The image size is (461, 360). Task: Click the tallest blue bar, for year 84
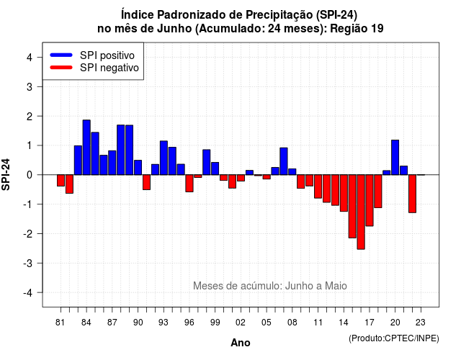[x=86, y=147]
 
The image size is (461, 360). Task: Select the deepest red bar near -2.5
[x=361, y=212]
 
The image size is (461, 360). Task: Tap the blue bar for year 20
[x=395, y=158]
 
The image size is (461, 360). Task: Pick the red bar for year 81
[x=61, y=181]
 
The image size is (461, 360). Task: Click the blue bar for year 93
[x=164, y=158]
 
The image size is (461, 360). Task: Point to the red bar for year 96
[x=189, y=183]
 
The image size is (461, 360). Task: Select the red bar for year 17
[x=370, y=200]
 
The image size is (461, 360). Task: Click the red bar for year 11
[x=318, y=186]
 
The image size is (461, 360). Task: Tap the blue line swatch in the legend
[x=61, y=55]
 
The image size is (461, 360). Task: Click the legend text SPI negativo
[x=109, y=68]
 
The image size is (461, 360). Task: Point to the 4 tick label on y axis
[x=30, y=58]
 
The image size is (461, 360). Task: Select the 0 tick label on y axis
[x=30, y=175]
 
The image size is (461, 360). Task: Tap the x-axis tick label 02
[x=241, y=323]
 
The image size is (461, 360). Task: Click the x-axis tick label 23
[x=421, y=323]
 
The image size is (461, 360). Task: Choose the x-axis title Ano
[x=241, y=343]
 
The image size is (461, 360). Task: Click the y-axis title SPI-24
[x=6, y=174]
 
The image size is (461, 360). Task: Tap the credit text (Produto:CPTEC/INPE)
[x=394, y=338]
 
